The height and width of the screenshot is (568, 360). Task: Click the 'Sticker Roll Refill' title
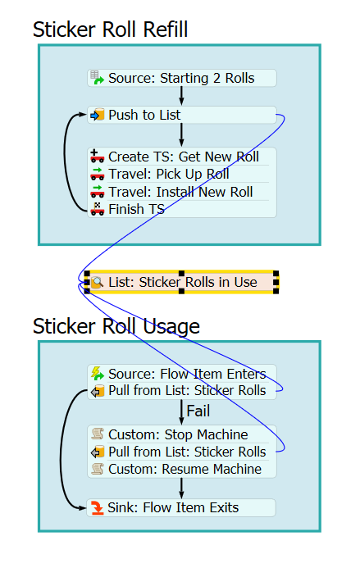[110, 30]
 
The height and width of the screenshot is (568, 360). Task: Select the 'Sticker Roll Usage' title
[116, 326]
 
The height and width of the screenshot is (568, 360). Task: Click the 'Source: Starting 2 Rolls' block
[181, 78]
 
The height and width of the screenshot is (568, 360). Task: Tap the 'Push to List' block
[181, 116]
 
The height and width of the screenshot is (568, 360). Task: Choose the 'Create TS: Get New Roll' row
[181, 157]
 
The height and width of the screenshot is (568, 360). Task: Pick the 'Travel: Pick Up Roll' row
[181, 175]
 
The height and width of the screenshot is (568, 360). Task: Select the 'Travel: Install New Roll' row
[181, 192]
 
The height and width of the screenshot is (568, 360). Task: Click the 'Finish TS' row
[181, 209]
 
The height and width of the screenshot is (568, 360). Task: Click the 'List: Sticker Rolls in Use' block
[181, 282]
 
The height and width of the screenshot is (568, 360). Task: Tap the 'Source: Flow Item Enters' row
[181, 374]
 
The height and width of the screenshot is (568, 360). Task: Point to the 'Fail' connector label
[198, 411]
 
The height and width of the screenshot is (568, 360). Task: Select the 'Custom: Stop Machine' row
[181, 434]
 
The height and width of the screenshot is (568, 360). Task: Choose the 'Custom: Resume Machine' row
[181, 469]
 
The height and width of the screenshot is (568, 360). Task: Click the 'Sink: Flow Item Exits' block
[181, 507]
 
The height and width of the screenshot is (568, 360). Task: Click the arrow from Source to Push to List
[181, 97]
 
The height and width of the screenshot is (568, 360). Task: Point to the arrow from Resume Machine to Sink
[181, 488]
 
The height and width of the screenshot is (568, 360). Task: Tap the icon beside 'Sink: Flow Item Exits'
[97, 508]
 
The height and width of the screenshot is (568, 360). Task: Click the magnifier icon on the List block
[97, 282]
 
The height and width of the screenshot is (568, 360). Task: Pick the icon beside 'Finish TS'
[97, 209]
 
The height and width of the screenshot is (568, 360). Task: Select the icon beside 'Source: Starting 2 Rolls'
[97, 78]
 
